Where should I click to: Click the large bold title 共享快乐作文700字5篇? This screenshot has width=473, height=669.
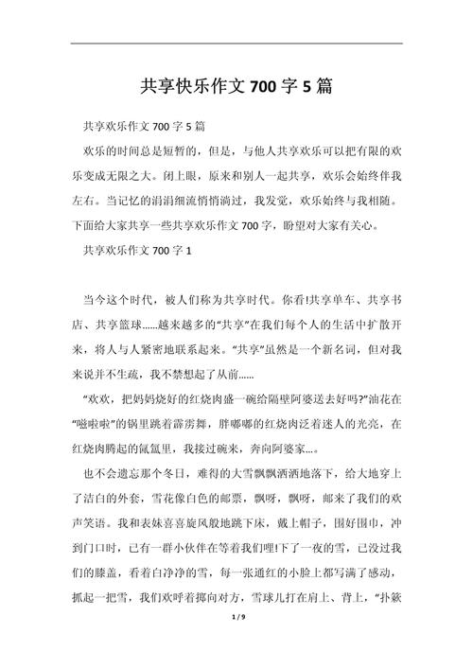(x=236, y=87)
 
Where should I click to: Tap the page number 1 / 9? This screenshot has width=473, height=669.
(x=236, y=643)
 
